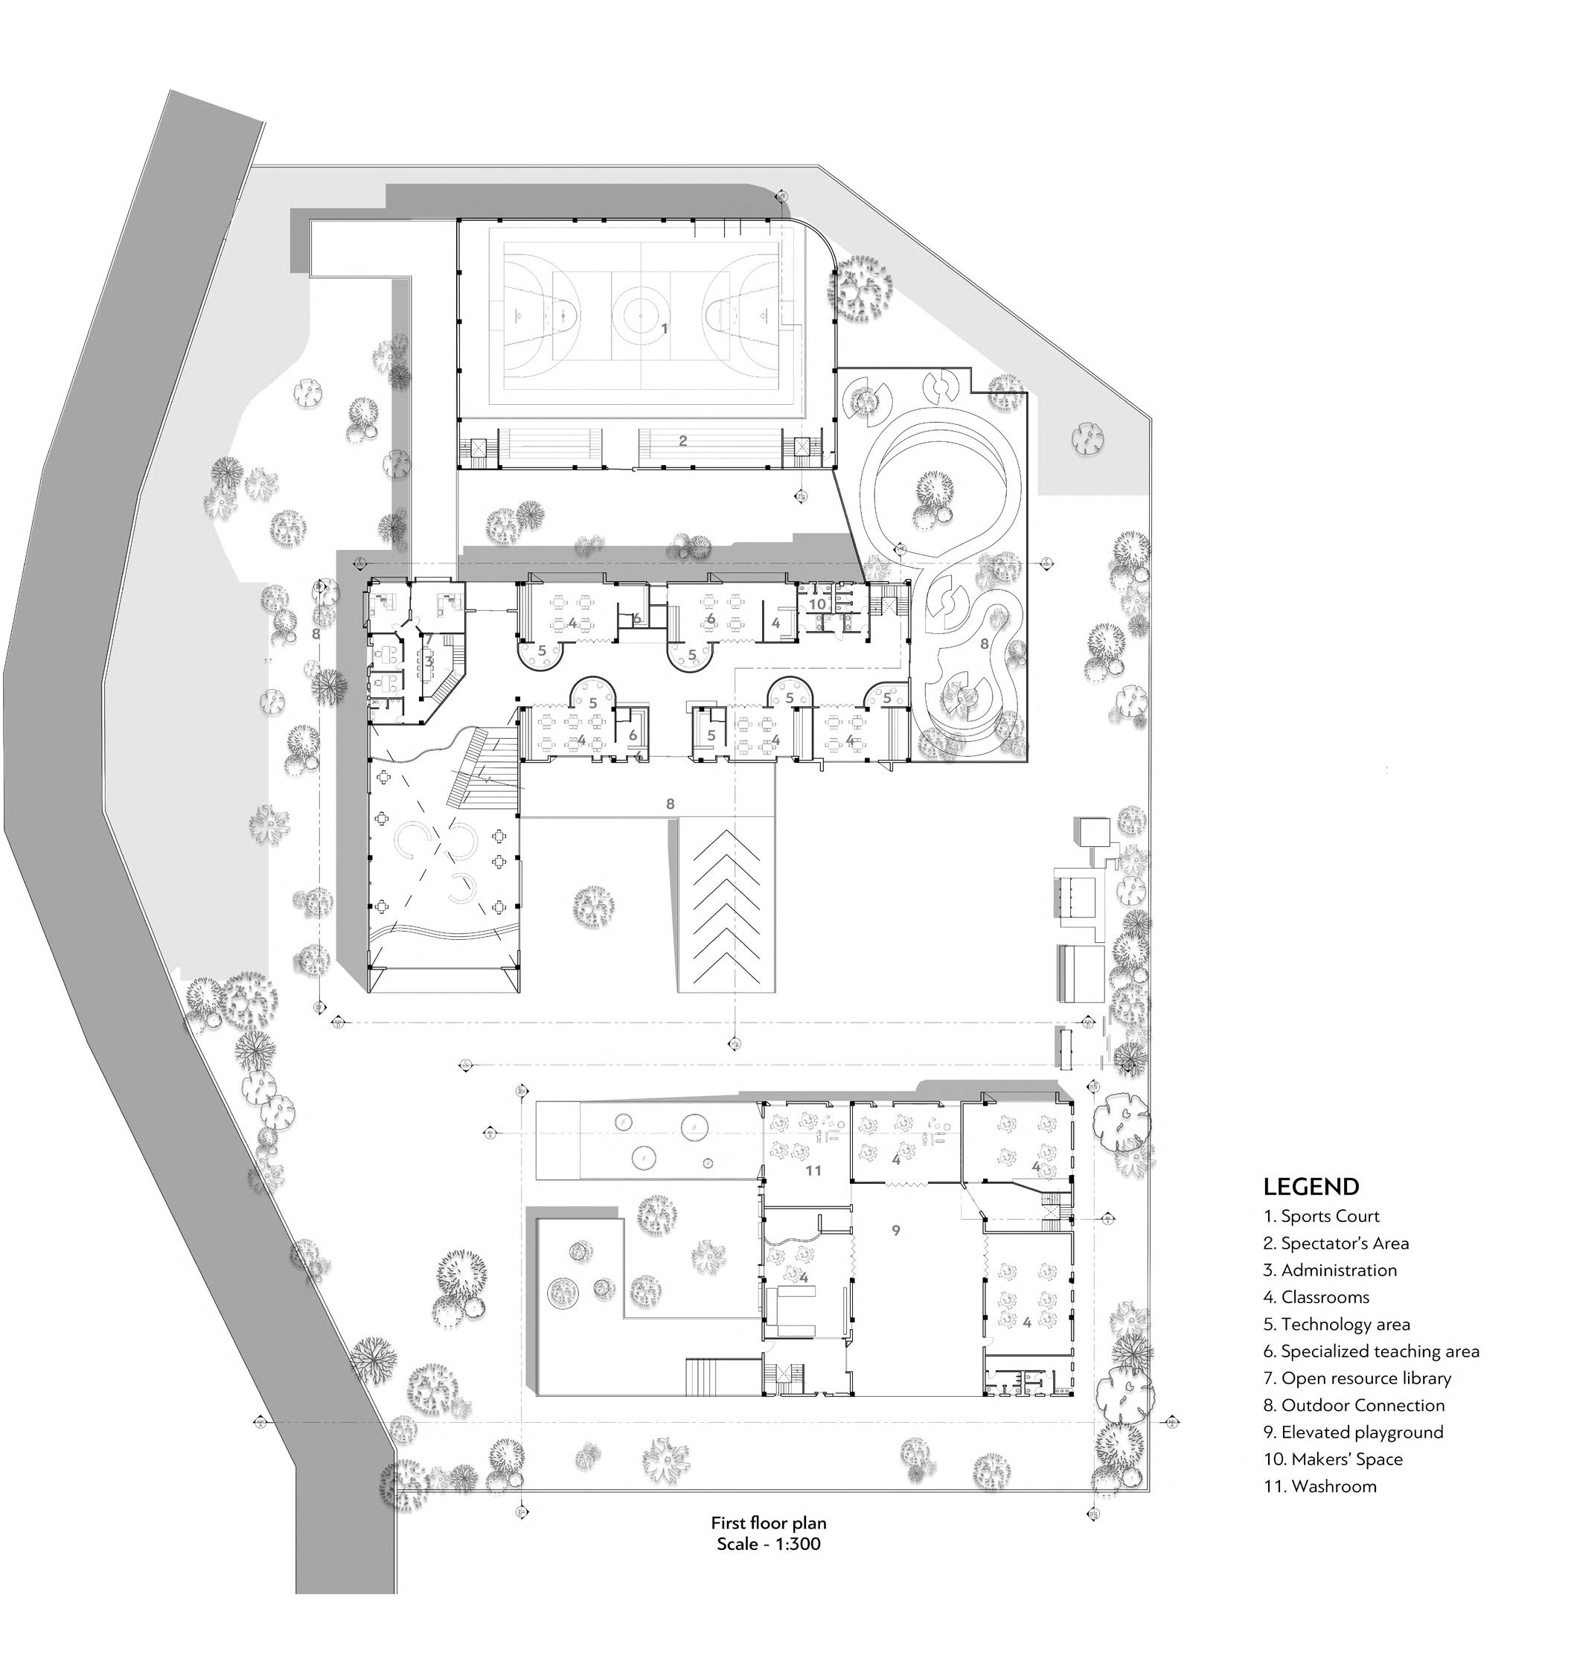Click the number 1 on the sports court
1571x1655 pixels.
click(x=665, y=329)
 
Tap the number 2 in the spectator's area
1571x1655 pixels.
click(x=683, y=441)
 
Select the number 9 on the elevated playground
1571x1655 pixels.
click(x=896, y=1230)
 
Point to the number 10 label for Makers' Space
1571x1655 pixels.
click(x=817, y=604)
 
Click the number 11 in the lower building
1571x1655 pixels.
click(x=813, y=1171)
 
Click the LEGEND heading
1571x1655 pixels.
click(x=1311, y=1187)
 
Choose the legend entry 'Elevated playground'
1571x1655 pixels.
click(x=1353, y=1432)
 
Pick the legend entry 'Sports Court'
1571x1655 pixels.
click(x=1321, y=1216)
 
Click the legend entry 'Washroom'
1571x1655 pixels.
click(x=1319, y=1487)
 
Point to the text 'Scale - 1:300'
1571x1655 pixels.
click(x=768, y=1543)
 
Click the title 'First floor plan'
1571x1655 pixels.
click(x=768, y=1523)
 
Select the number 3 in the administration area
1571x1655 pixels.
click(x=428, y=661)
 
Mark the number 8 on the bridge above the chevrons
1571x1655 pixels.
click(x=670, y=804)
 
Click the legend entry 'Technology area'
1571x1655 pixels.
click(x=1337, y=1324)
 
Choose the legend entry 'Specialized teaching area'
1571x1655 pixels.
click(x=1371, y=1351)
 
